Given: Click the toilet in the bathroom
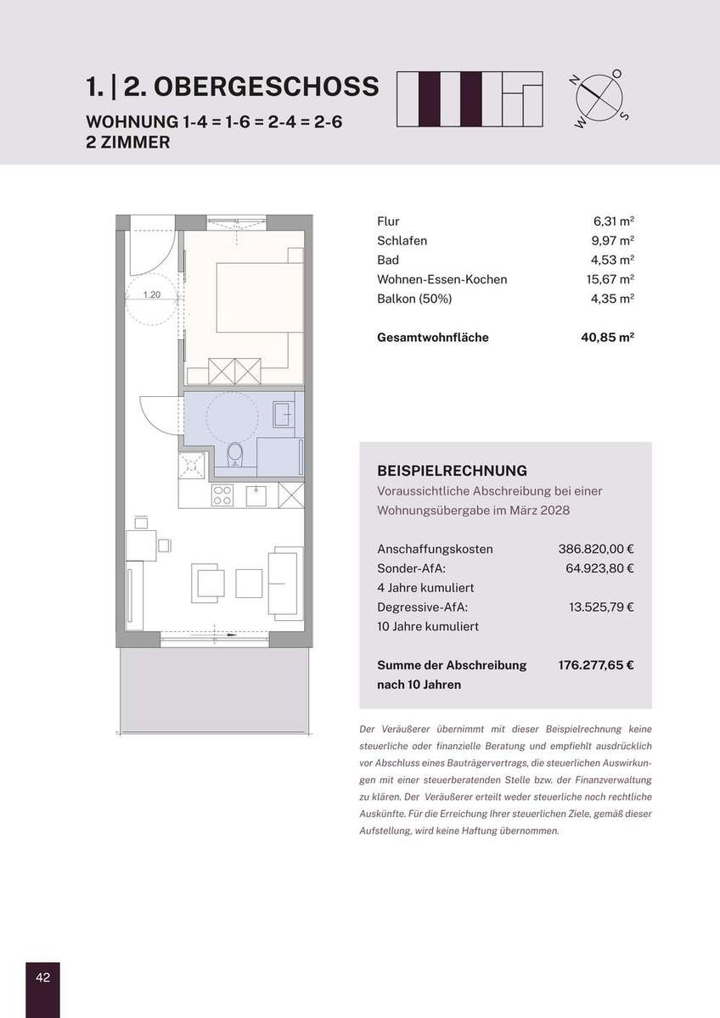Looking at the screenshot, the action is (x=234, y=455).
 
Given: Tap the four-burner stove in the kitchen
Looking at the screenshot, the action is (x=222, y=495).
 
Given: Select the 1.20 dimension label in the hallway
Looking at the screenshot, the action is (x=152, y=294).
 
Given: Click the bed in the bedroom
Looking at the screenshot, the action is (x=260, y=298).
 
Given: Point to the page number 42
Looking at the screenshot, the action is (x=42, y=977).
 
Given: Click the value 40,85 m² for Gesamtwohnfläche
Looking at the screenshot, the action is (x=607, y=338).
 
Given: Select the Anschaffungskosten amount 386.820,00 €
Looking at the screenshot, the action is (x=596, y=549).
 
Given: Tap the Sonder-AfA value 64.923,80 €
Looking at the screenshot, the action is (x=599, y=568).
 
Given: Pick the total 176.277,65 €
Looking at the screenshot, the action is (x=596, y=665).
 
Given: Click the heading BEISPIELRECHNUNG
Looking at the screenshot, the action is (x=452, y=471).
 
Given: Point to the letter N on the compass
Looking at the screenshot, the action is (x=575, y=81).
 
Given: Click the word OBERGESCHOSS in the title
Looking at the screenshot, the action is (x=266, y=87).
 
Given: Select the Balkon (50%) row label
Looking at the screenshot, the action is (x=414, y=299).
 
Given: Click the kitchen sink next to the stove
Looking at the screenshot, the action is (x=256, y=495).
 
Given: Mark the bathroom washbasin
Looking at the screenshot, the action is (x=284, y=414).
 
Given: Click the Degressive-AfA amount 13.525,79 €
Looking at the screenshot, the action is (x=601, y=607).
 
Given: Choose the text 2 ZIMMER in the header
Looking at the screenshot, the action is (x=128, y=143).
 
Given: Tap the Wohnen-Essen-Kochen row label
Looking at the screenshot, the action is (x=442, y=279).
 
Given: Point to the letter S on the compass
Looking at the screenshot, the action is (x=625, y=116).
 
